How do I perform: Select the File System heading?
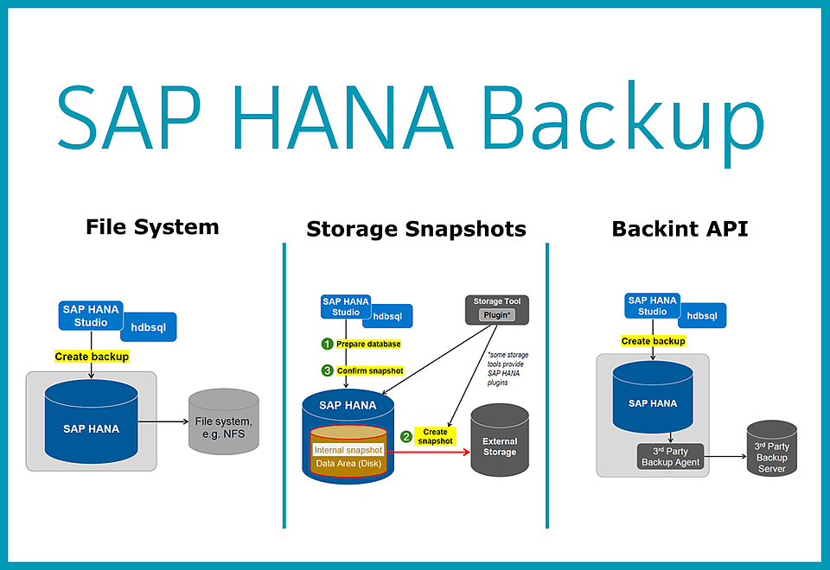pos(152,227)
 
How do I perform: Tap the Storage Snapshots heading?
pos(416,229)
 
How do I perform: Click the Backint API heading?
pos(680,229)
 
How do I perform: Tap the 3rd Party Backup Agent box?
pos(671,456)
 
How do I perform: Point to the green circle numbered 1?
pos(327,344)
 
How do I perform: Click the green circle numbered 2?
pos(405,436)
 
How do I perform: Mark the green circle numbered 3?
pos(327,370)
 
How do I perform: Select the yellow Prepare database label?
pos(368,344)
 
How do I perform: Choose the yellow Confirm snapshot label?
pos(370,370)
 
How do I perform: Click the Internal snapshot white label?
pos(348,450)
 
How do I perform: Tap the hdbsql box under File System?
pos(148,327)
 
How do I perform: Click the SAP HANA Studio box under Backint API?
pos(653,306)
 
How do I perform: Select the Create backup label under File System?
pos(92,357)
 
